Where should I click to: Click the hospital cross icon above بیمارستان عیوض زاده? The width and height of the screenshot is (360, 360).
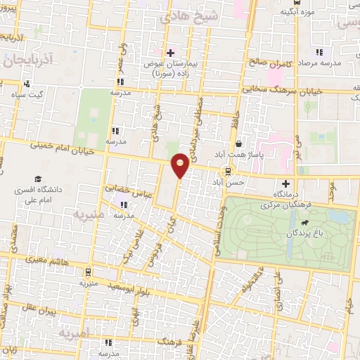(x=170, y=53)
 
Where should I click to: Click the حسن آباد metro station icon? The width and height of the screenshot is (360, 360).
(x=227, y=172)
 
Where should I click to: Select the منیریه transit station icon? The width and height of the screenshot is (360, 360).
(x=87, y=272)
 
